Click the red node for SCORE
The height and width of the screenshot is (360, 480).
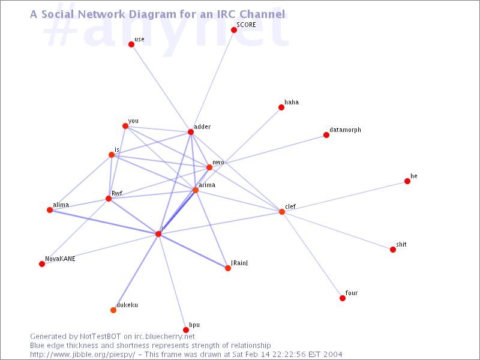click(234, 30)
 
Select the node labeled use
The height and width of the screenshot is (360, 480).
click(131, 44)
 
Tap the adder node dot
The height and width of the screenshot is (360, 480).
click(191, 132)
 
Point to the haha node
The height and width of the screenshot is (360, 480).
click(281, 107)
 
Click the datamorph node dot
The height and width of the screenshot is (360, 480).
click(326, 135)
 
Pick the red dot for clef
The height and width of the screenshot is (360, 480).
click(282, 212)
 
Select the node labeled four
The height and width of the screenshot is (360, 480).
click(343, 298)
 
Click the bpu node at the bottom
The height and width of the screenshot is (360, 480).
click(186, 330)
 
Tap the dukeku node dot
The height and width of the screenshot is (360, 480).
click(113, 310)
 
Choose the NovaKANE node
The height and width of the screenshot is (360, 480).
click(42, 264)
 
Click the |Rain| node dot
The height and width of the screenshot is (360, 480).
click(228, 268)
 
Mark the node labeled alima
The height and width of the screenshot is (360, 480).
click(50, 210)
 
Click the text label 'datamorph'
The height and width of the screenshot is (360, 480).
click(346, 130)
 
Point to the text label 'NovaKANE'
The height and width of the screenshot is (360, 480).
click(60, 259)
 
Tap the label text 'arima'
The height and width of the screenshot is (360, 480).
click(207, 185)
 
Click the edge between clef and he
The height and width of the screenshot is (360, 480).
click(344, 197)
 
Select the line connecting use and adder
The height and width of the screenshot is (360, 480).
click(161, 88)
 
